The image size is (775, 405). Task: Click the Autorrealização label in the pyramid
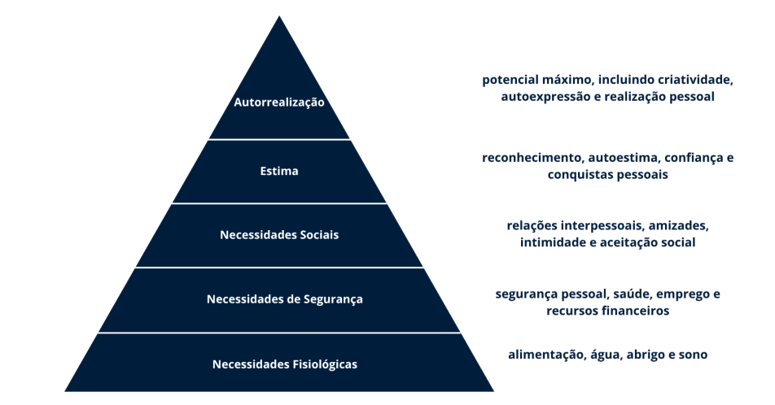[x=279, y=103]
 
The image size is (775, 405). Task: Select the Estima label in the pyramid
[x=279, y=172]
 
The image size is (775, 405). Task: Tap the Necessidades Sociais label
[x=279, y=235]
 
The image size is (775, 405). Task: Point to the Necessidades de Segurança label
[x=285, y=299]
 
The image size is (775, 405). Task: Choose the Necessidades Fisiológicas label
[x=285, y=364]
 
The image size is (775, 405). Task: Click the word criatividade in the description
[x=696, y=81]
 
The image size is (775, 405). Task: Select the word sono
[x=694, y=355]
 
